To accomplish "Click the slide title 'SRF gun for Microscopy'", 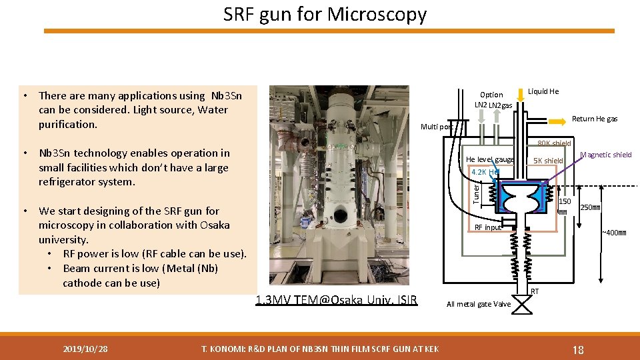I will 325,14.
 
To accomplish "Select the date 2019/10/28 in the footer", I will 86,349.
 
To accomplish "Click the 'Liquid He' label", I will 543,91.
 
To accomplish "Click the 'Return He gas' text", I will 595,119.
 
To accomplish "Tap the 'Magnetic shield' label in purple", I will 605,155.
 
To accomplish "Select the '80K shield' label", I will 554,143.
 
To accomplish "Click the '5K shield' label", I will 549,161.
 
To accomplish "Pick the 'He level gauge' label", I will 490,159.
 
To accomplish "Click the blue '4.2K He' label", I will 485,172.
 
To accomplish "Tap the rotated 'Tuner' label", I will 476,194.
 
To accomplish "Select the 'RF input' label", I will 487,227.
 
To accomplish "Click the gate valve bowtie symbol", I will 523,305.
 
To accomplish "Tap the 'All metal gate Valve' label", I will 479,304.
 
